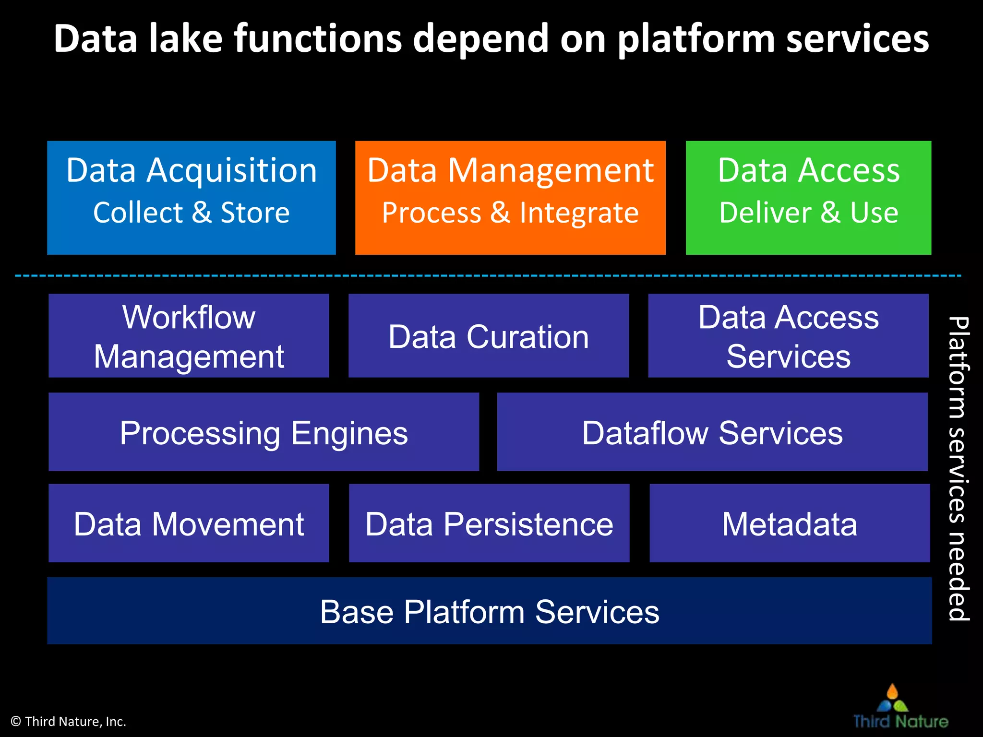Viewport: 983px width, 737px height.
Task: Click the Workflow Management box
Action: (189, 335)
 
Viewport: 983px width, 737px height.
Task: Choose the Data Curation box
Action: (489, 335)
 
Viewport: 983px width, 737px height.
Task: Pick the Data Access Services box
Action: (788, 335)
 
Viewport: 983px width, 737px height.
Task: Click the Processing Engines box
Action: (264, 432)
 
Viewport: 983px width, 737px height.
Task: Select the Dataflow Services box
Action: (712, 432)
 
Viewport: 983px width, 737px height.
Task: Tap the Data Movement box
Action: (189, 523)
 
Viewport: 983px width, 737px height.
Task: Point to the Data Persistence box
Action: (489, 523)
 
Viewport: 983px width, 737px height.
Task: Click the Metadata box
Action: (790, 523)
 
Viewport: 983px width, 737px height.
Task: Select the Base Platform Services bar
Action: (490, 611)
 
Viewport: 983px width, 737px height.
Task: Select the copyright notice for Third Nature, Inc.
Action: (68, 721)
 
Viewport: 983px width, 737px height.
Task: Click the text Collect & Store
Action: (191, 213)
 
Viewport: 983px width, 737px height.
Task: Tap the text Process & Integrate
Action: (510, 213)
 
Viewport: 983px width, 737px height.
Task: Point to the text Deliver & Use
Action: (808, 213)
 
